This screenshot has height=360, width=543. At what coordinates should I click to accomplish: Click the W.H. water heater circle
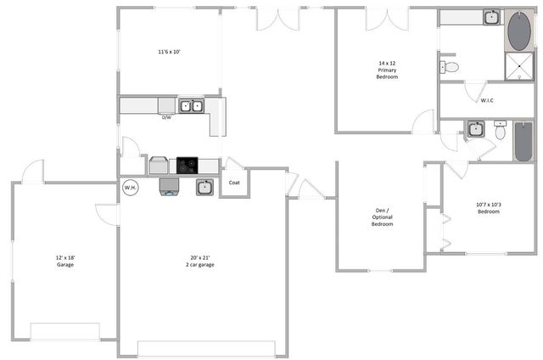point(131,188)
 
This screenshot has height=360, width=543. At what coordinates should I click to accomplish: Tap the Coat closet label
point(233,183)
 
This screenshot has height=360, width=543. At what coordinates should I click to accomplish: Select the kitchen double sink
point(192,106)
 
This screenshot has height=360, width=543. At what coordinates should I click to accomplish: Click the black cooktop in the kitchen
point(188,166)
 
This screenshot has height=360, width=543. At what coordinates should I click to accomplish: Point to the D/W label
point(167,117)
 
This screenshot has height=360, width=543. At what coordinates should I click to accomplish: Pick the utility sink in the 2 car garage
point(204,188)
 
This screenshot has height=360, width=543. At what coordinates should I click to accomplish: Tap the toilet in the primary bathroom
point(451,66)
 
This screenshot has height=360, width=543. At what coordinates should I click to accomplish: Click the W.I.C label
point(487,101)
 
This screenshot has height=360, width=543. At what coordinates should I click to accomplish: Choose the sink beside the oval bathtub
point(491,17)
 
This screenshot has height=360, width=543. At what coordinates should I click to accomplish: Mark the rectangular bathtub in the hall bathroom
point(523,141)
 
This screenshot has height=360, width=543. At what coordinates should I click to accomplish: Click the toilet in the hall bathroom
point(500,132)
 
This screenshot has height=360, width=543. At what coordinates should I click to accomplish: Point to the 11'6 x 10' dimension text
point(169,52)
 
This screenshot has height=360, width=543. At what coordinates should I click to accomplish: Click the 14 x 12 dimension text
point(388,63)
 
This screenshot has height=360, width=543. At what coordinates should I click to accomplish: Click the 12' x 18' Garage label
point(65,261)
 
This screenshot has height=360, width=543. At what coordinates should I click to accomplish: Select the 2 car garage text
point(200,265)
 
